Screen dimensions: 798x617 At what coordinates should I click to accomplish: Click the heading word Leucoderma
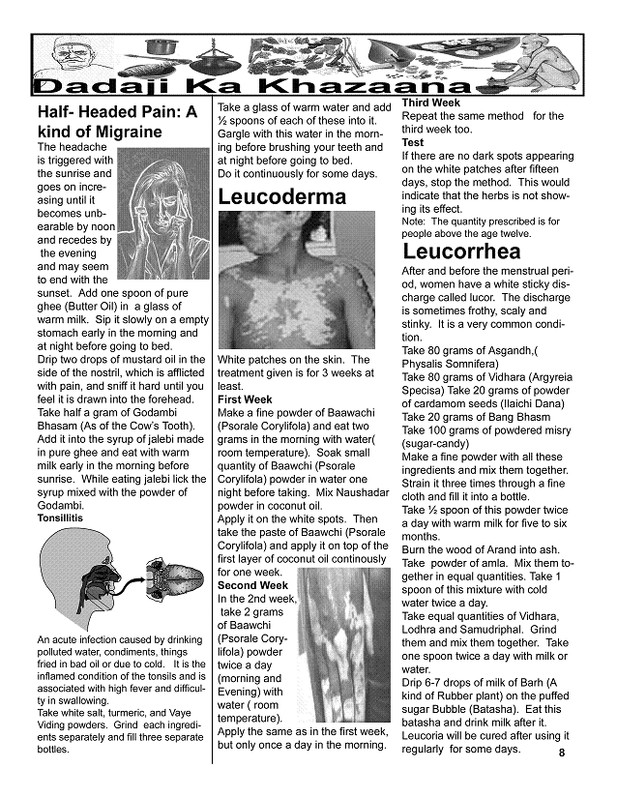click(x=281, y=197)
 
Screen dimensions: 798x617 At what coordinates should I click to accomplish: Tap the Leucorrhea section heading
click(x=462, y=252)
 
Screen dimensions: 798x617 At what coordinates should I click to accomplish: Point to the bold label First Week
click(x=245, y=399)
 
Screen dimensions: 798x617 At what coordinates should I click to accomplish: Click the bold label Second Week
click(x=252, y=585)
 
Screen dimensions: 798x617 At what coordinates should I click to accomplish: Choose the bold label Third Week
click(x=430, y=103)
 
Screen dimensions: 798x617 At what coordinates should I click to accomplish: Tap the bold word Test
click(x=413, y=142)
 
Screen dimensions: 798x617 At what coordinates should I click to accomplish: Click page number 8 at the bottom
click(x=561, y=754)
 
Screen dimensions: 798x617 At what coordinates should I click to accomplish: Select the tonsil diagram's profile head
click(x=73, y=580)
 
